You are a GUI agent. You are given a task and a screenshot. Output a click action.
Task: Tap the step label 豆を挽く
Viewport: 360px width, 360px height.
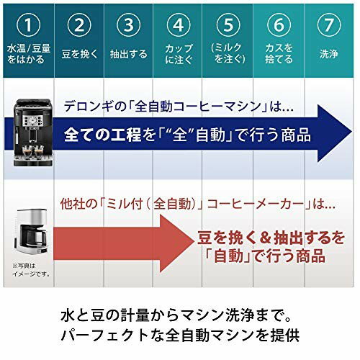click(x=77, y=53)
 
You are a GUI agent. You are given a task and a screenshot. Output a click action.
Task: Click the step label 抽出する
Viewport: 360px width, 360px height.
click(x=127, y=53)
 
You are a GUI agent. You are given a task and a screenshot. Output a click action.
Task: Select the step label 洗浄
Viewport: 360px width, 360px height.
click(x=328, y=53)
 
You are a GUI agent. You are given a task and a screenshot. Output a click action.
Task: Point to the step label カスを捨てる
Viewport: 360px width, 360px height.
click(x=278, y=53)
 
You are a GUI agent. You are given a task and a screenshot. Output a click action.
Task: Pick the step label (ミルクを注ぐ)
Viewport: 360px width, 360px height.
click(x=227, y=53)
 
